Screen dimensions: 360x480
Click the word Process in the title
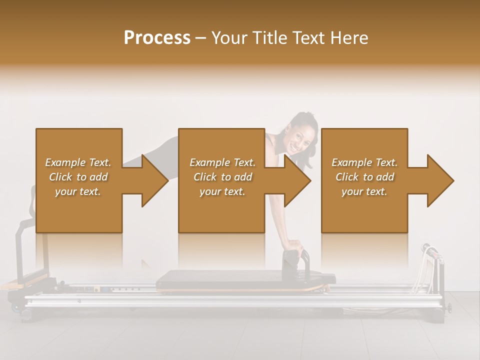click(157, 38)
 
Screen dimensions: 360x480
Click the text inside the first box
click(78, 177)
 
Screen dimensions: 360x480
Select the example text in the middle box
click(222, 177)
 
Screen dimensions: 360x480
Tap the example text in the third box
click(364, 177)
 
